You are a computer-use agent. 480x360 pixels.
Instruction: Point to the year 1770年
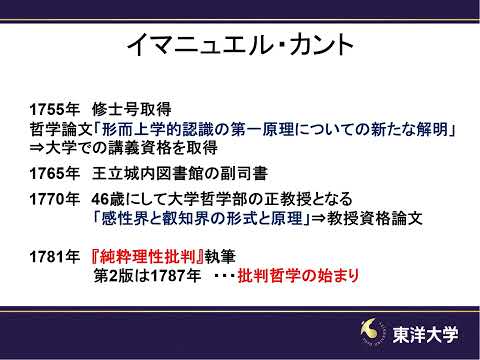(53, 200)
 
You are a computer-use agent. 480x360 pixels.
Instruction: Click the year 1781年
(53, 255)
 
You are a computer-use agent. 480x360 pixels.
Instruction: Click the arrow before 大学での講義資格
(38, 151)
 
